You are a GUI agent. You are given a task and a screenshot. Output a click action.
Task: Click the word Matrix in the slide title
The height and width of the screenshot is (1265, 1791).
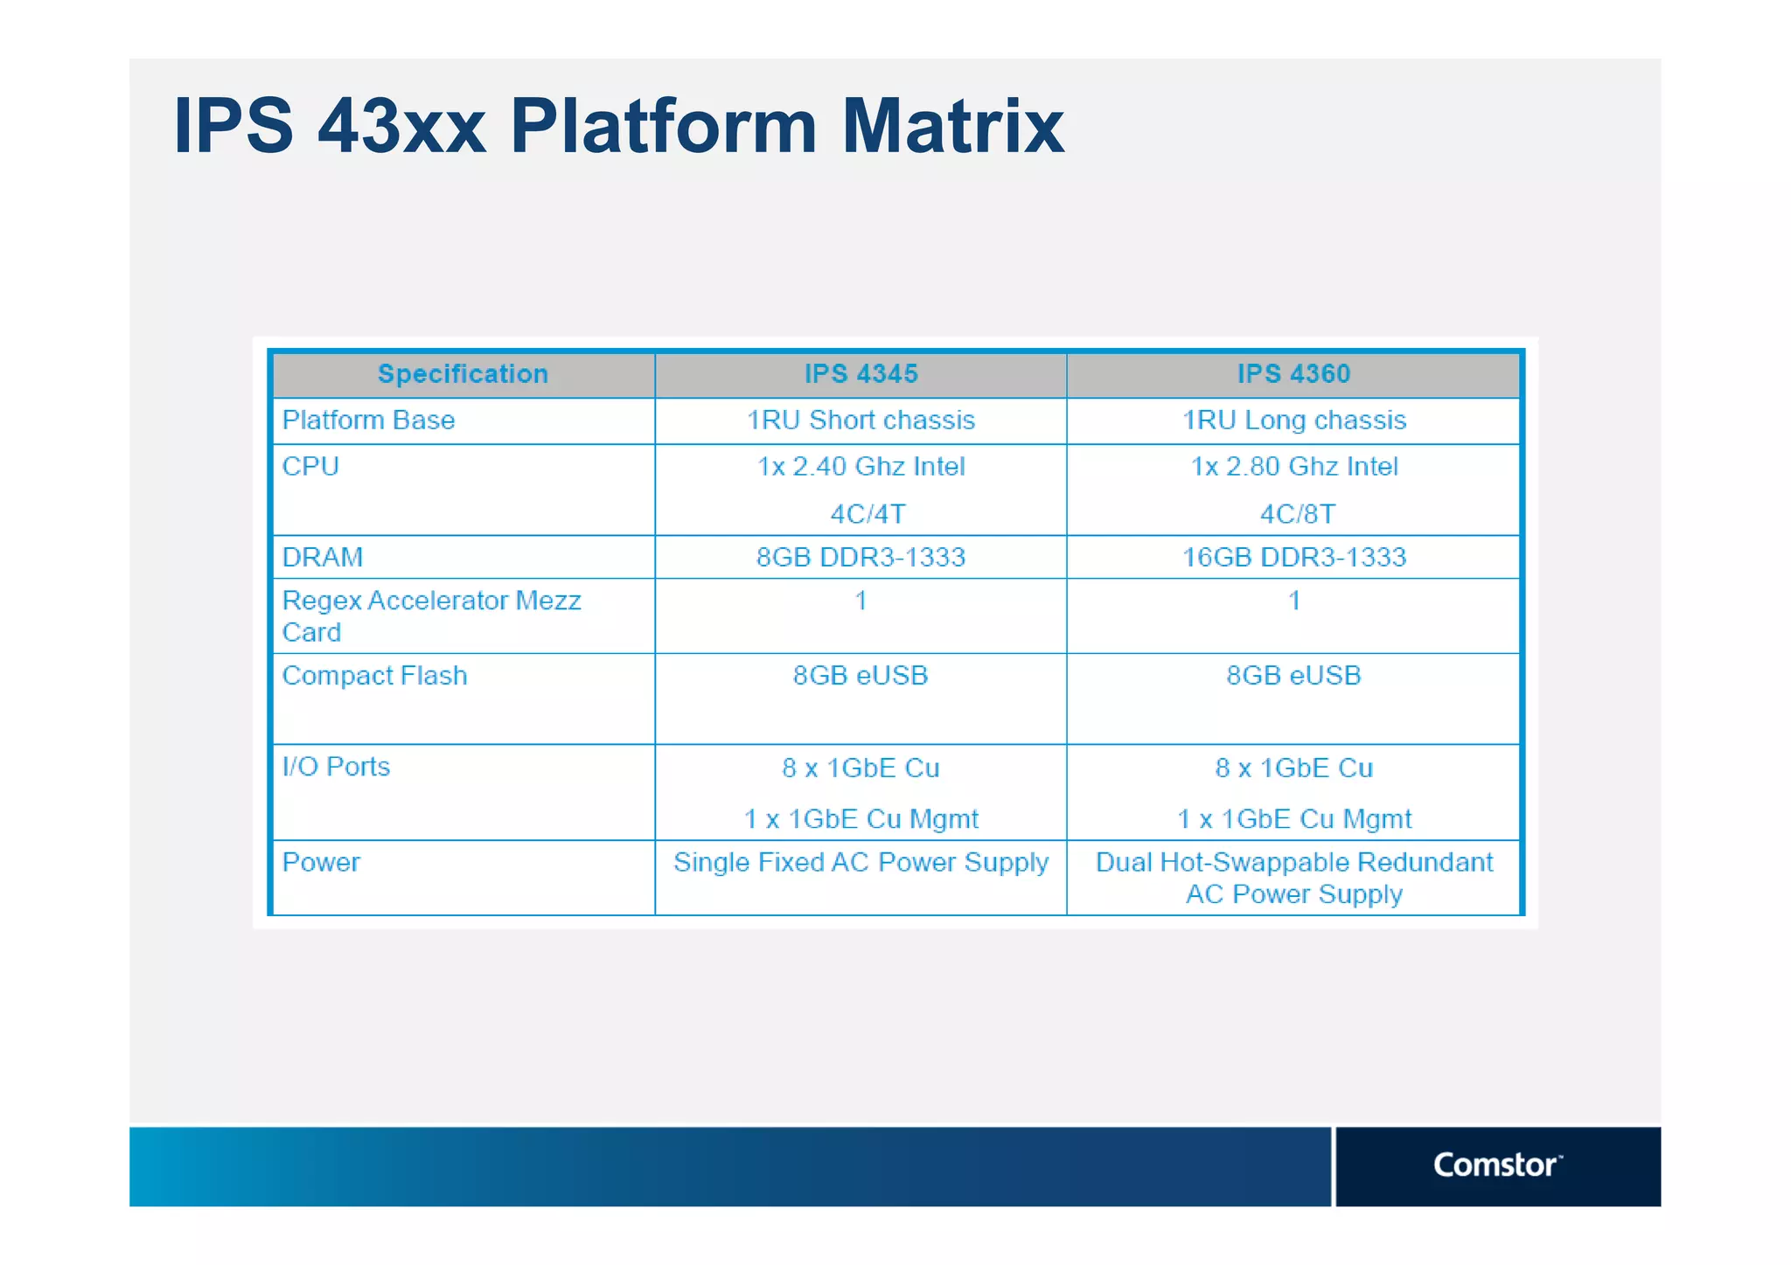[952, 127]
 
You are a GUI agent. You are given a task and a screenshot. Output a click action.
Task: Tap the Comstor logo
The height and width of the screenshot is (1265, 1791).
[1496, 1164]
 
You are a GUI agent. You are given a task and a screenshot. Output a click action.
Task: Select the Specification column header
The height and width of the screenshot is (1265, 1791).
[463, 374]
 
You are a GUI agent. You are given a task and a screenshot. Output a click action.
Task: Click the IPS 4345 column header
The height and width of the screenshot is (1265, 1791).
[861, 374]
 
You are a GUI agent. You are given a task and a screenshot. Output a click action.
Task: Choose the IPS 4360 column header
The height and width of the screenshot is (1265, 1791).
[1293, 374]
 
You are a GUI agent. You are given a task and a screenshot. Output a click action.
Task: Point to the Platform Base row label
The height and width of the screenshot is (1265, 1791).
[368, 421]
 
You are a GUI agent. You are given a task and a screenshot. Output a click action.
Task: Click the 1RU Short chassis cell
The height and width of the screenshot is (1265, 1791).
[861, 421]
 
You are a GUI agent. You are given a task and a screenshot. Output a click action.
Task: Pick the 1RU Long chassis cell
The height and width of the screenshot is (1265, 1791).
[1293, 421]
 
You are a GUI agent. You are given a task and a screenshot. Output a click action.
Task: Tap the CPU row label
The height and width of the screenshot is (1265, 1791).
[310, 467]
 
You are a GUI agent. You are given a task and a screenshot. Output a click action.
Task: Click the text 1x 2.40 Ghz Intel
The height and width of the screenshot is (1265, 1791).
[861, 467]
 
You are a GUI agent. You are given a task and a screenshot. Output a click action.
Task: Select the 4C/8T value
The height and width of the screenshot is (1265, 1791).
[1297, 514]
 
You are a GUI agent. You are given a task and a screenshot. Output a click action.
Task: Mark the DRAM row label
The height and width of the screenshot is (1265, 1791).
[322, 558]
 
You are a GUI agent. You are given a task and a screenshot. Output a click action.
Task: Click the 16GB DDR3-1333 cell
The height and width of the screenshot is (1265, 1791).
[1293, 558]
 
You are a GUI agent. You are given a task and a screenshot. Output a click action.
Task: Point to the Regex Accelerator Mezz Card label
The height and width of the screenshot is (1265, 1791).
[431, 615]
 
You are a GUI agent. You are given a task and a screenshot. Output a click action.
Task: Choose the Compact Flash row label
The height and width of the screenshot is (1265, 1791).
[374, 676]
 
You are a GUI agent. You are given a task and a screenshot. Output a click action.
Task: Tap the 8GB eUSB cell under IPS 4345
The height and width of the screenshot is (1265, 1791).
[861, 676]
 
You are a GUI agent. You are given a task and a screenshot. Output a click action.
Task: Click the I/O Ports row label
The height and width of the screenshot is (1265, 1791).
[336, 767]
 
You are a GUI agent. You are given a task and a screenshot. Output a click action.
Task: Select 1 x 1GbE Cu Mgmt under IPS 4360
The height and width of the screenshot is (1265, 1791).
[1293, 819]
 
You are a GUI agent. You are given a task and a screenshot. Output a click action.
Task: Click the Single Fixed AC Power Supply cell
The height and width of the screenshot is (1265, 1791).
[861, 863]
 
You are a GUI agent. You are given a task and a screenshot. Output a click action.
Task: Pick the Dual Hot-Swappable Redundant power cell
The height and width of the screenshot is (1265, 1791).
[1293, 878]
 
